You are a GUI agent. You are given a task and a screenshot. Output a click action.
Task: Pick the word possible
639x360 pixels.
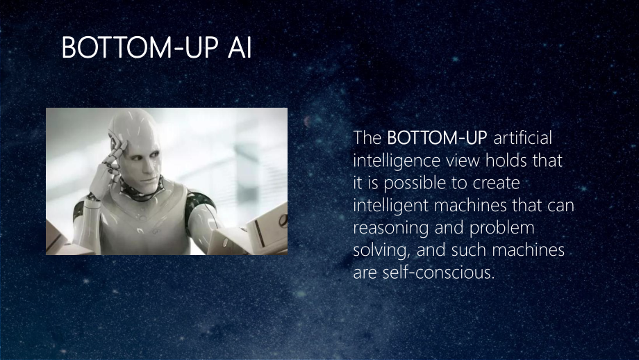[x=416, y=183]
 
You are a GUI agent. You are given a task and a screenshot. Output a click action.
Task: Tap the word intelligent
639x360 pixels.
[x=390, y=206]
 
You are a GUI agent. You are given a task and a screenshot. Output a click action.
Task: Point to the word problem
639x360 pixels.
[x=501, y=229]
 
